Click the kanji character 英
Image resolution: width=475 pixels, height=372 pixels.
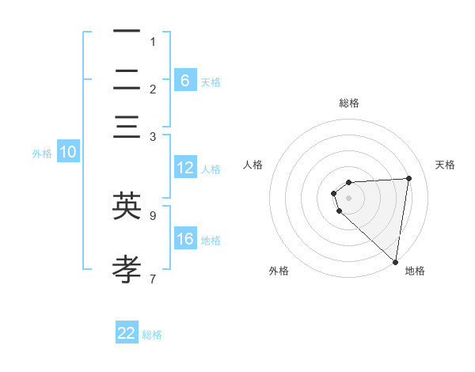[127, 206]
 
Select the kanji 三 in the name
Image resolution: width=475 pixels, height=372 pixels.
[127, 127]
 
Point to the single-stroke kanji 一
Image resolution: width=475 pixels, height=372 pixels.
[127, 32]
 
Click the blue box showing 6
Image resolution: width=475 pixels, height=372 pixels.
[184, 80]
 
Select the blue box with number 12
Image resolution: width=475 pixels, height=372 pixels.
[185, 168]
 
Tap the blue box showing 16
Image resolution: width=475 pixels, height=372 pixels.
[185, 239]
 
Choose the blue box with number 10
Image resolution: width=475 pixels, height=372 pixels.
[68, 153]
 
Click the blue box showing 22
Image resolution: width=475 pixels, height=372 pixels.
[127, 333]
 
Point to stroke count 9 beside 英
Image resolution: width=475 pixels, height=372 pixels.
[153, 214]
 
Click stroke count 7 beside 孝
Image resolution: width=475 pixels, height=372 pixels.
[153, 279]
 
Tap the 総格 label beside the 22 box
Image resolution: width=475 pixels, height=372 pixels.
[152, 335]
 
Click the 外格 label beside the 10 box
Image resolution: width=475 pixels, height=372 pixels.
[42, 154]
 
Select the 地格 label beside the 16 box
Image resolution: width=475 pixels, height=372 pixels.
[211, 241]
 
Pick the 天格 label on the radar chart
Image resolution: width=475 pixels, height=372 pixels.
[445, 165]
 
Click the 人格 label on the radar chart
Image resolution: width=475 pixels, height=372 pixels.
[253, 165]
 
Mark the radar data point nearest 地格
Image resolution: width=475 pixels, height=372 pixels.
[396, 261]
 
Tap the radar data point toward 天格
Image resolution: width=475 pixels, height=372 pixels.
[408, 178]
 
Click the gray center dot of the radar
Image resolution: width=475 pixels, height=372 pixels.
[348, 197]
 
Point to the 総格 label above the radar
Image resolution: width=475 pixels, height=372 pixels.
[348, 103]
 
